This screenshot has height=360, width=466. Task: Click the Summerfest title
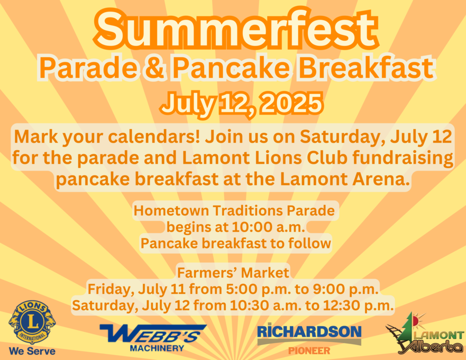[x=236, y=29]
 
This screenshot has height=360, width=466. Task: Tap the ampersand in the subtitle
[x=154, y=68]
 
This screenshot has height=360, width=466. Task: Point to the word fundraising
[x=403, y=158]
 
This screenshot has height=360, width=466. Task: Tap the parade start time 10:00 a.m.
[x=268, y=227]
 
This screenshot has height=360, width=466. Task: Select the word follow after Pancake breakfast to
[x=309, y=243]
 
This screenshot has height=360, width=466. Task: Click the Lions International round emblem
[x=32, y=322]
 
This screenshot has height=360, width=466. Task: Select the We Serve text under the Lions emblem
[x=32, y=351]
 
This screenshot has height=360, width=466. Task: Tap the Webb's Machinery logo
[x=153, y=338]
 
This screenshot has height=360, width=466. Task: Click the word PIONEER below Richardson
[x=309, y=351]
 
